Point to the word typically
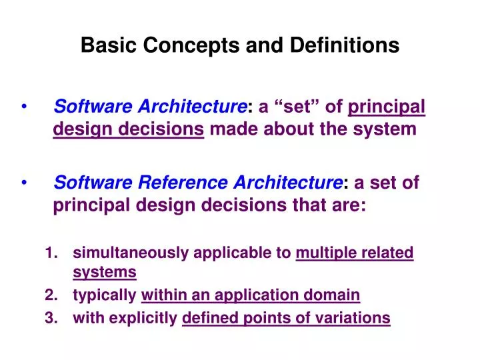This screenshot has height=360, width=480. [105, 295]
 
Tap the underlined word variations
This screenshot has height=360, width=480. [357, 319]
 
